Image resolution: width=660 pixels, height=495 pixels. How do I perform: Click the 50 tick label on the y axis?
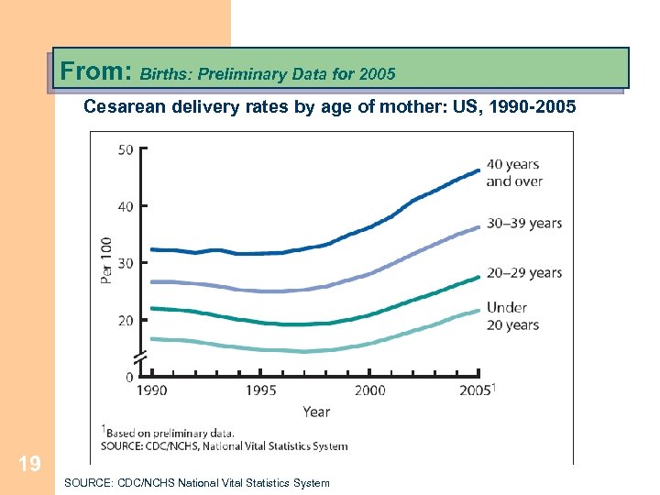coord(126,149)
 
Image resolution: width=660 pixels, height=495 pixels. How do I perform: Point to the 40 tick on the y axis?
coord(126,206)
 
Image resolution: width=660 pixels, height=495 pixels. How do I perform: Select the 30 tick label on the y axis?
coord(126,263)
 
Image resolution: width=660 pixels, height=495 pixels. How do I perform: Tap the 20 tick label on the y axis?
coord(126,320)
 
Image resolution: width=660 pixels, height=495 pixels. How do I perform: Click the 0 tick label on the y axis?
coord(129,377)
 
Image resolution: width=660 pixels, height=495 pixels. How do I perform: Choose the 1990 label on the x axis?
coord(152,390)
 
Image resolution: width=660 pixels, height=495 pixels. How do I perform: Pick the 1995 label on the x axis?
coord(261,390)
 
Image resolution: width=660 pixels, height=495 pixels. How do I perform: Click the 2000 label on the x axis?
coord(369,390)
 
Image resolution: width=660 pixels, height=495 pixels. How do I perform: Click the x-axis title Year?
coord(315,412)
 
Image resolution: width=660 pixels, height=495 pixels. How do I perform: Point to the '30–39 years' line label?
coord(523,223)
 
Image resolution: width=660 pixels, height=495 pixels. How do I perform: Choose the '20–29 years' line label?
coord(523,272)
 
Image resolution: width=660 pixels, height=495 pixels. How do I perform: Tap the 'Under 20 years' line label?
coord(512,316)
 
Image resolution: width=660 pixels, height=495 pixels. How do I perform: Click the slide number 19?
coord(29,465)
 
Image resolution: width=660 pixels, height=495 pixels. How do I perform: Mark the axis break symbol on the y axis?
coord(140,357)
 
